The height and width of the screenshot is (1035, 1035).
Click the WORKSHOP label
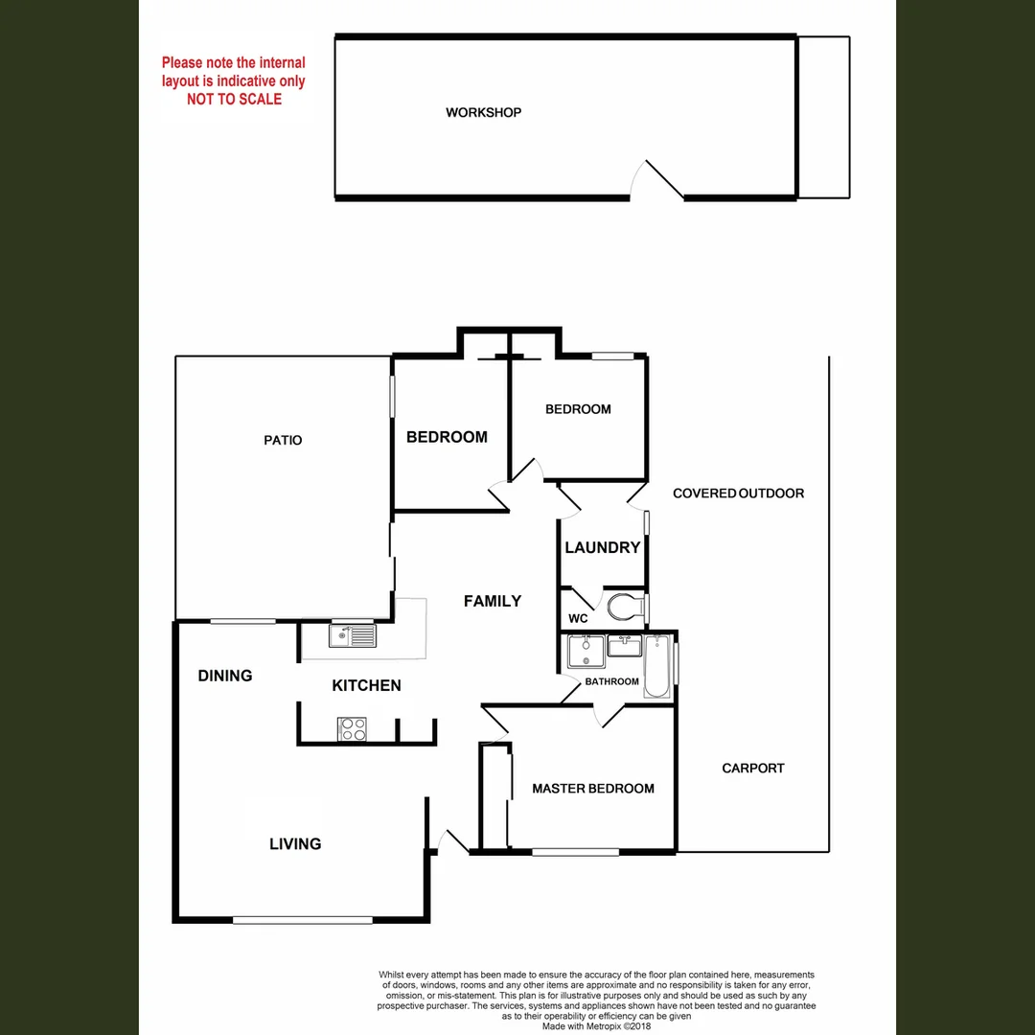click(x=483, y=112)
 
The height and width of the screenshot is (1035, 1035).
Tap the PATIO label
click(x=283, y=440)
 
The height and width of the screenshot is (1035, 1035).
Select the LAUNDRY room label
click(x=602, y=548)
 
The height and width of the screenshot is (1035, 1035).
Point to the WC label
click(x=578, y=618)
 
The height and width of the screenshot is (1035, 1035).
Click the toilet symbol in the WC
click(x=625, y=606)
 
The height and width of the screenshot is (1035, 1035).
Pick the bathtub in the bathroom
click(x=658, y=666)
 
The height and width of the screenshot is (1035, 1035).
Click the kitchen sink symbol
click(x=354, y=634)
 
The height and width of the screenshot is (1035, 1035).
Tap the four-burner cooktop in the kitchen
click(x=353, y=729)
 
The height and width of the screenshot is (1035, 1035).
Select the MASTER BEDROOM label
click(x=593, y=789)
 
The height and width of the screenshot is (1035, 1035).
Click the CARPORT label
click(x=753, y=768)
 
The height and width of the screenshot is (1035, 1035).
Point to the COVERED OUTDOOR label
click(x=738, y=494)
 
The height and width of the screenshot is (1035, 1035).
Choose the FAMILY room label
click(x=493, y=601)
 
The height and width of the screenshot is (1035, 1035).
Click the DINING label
click(x=225, y=676)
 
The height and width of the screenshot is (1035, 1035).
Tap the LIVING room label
click(x=295, y=843)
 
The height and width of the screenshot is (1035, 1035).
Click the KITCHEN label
click(x=366, y=685)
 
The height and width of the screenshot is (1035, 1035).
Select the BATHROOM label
click(x=612, y=681)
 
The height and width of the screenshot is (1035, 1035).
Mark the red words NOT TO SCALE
click(x=234, y=99)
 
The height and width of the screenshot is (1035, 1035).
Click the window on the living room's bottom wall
click(x=302, y=920)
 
